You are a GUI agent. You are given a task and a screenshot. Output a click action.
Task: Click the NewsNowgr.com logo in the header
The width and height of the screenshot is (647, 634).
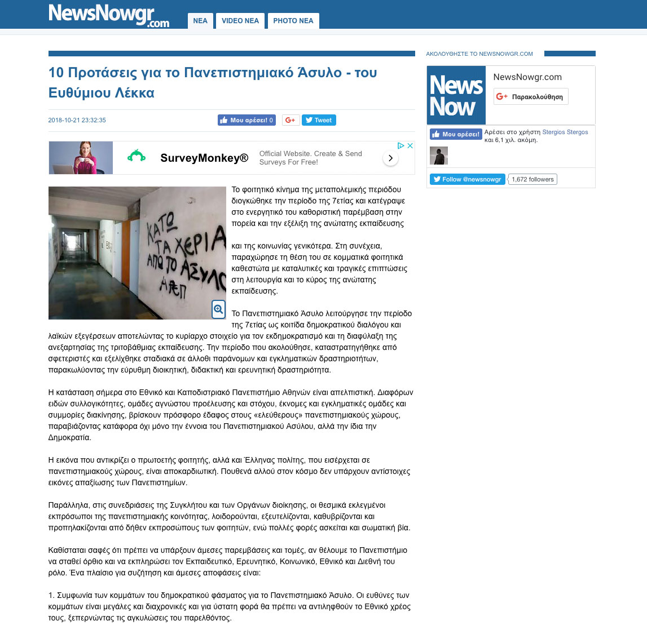pos(109,15)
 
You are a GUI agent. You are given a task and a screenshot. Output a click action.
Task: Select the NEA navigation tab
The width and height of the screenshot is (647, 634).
pos(200,21)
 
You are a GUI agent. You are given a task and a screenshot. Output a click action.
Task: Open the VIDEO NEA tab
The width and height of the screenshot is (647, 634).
pos(240,21)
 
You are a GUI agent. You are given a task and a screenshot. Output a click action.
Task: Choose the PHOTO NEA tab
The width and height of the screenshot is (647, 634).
pos(293,21)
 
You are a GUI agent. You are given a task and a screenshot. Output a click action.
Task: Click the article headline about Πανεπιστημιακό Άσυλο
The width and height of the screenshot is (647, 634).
pos(213,82)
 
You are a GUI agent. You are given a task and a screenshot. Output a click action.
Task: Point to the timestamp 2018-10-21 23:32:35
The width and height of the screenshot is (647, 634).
pos(77,120)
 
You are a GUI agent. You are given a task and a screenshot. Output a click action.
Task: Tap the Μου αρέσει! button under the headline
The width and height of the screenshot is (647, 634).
pos(247,120)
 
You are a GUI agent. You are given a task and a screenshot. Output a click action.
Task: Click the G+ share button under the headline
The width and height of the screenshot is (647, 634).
pos(291,120)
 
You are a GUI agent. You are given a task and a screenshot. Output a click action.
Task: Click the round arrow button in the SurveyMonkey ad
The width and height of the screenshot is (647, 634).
pos(390,158)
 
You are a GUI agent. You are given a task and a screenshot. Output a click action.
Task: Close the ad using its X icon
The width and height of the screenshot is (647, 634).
pos(410,145)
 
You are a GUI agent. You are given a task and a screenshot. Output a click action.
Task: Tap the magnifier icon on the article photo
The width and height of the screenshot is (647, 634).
pos(218,309)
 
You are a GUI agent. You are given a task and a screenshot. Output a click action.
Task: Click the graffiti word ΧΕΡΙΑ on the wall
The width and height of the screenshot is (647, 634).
pos(195,243)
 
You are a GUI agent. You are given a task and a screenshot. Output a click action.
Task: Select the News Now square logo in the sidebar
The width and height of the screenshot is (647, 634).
pos(456,95)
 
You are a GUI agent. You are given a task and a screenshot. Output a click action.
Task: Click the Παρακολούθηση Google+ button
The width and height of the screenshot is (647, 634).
pos(531,96)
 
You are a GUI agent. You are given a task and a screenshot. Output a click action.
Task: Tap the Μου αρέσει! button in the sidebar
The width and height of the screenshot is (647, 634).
pos(456,134)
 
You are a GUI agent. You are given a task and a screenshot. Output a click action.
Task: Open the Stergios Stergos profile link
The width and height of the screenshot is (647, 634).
pos(565,132)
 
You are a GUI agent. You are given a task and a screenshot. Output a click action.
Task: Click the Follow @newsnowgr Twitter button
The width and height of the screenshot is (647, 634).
pos(468,179)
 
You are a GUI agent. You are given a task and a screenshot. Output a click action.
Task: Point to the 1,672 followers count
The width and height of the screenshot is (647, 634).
pos(532,179)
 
